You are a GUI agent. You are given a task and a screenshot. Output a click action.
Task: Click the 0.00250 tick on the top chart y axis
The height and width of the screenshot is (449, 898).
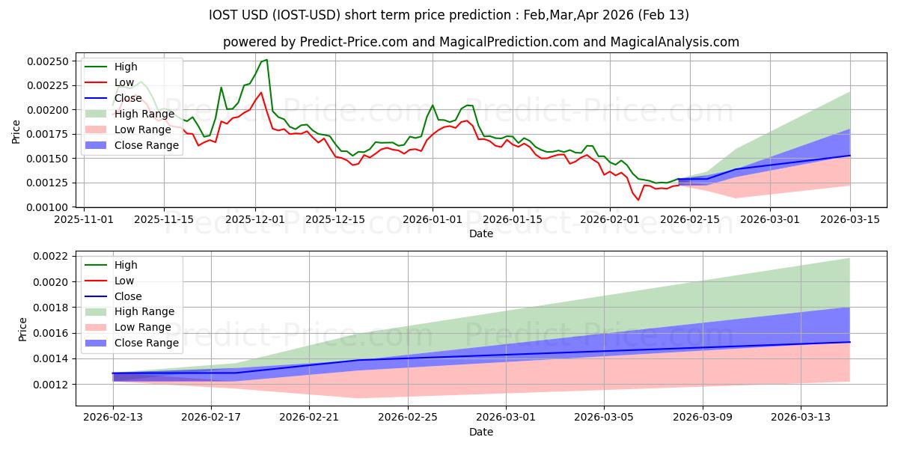click(50, 61)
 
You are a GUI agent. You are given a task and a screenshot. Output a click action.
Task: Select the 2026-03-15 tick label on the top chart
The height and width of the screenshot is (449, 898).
click(849, 219)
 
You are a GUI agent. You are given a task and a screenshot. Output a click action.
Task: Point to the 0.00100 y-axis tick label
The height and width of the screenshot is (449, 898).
click(50, 207)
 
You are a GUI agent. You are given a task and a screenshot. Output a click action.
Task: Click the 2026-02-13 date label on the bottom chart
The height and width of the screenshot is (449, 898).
click(113, 418)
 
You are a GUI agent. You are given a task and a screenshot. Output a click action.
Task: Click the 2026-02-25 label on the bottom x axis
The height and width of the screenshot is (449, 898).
click(408, 418)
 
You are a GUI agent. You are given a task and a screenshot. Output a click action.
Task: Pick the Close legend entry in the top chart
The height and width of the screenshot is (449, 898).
click(128, 98)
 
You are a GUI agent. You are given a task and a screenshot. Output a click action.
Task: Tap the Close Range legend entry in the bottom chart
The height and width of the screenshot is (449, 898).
click(147, 343)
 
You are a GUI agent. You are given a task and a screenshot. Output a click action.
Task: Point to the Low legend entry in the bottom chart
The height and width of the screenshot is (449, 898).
click(124, 281)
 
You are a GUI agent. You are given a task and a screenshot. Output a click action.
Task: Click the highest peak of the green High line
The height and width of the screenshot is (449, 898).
click(266, 59)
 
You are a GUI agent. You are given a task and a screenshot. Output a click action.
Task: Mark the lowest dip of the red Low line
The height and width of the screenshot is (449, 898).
click(638, 200)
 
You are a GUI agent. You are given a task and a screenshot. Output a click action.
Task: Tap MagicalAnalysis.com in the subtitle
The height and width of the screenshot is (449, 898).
click(675, 42)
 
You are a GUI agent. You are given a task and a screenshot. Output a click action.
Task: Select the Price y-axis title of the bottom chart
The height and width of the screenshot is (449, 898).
click(23, 329)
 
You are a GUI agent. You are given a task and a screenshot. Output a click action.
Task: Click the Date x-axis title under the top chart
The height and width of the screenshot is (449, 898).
click(480, 233)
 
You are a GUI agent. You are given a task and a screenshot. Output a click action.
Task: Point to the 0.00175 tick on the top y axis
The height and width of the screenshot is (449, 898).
click(50, 134)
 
